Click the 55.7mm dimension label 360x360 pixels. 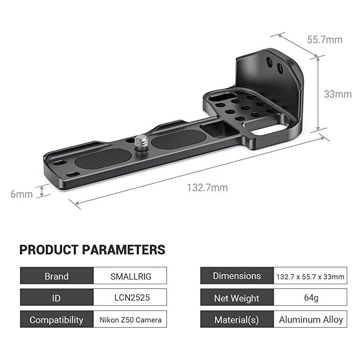coord(324,40)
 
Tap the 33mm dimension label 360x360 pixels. coord(337,94)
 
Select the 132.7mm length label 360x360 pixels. coord(207,188)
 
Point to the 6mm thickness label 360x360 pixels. coord(22,194)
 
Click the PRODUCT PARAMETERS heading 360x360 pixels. coord(92,250)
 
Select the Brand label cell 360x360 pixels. coord(56,276)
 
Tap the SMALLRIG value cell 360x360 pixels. coord(130,276)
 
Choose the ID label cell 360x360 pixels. coord(56,297)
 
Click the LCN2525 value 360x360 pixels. coord(130,297)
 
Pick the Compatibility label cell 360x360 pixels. coord(56,319)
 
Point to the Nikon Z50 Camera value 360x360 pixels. coord(130,319)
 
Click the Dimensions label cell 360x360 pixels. coord(237,276)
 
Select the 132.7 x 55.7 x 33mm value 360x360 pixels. coord(310,276)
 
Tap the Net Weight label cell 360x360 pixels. coord(237,297)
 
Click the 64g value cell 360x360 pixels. coord(310,297)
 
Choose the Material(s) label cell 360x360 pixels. coord(237,319)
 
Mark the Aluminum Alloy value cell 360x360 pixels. coord(310,319)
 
